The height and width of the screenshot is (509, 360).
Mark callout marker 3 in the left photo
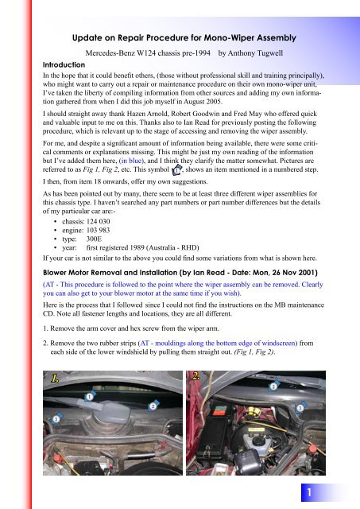pyautogui.click(x=56, y=418)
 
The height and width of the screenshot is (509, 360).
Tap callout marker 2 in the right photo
pyautogui.click(x=273, y=386)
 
